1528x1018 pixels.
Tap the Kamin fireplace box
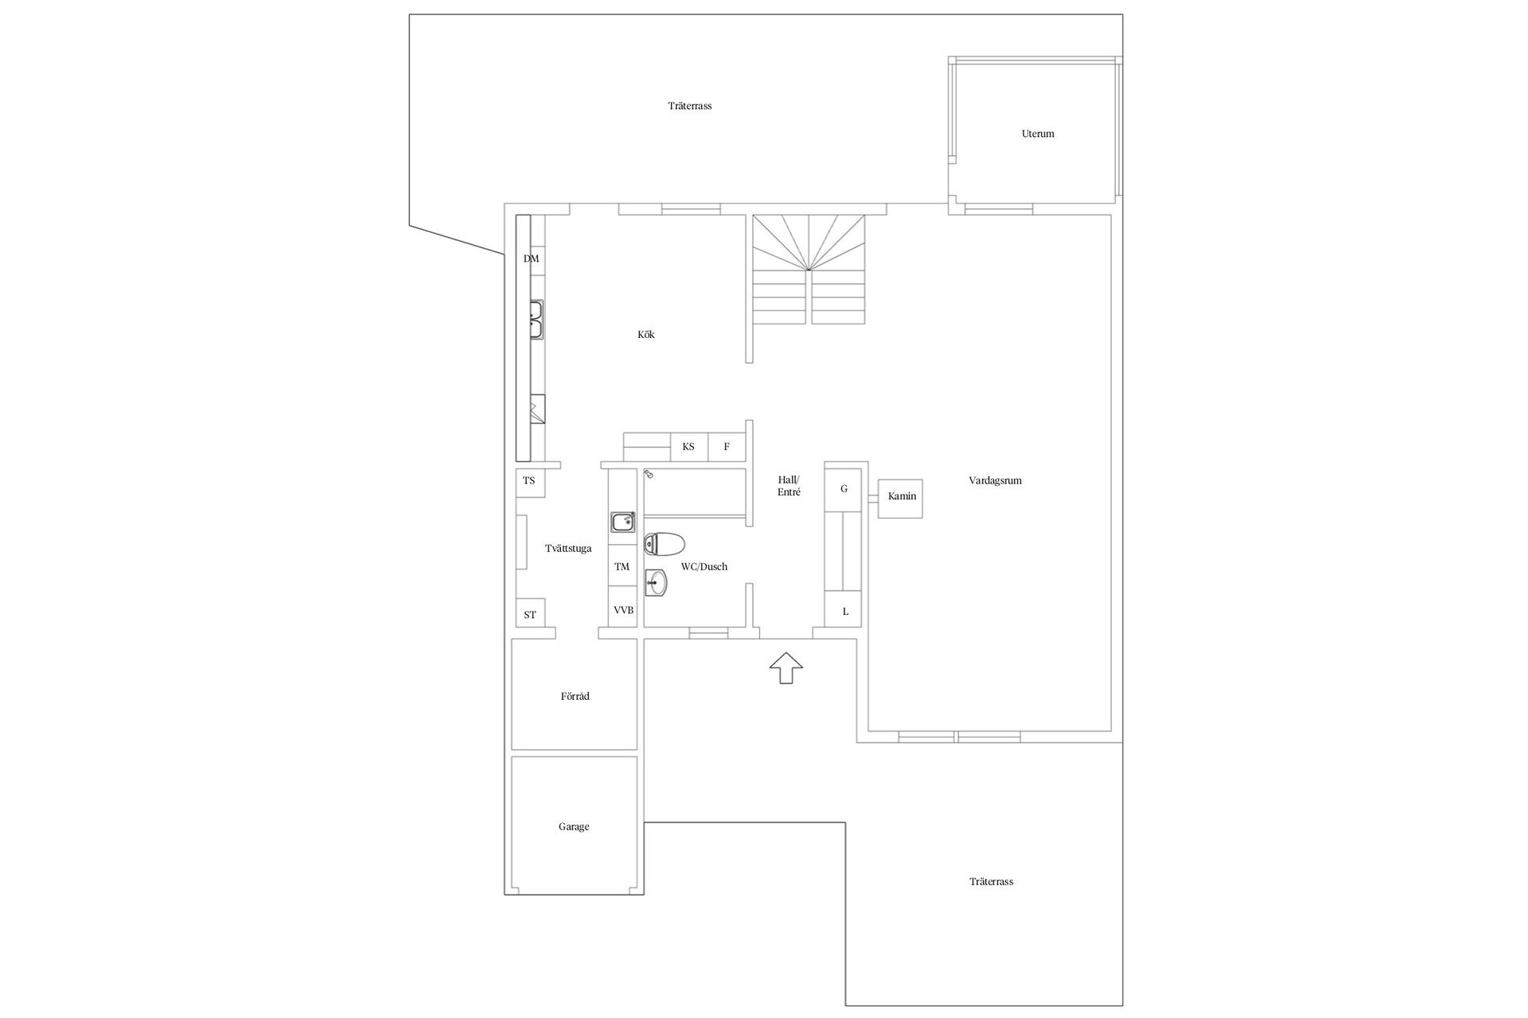click(900, 499)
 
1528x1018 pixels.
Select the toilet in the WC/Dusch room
click(664, 545)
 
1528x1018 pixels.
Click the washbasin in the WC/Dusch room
click(656, 583)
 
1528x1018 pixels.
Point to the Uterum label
click(1038, 134)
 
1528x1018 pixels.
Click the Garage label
click(574, 827)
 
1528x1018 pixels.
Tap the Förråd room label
click(575, 697)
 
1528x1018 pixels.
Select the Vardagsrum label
click(995, 481)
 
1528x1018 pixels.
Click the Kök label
click(645, 335)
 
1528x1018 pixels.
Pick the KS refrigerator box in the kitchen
click(689, 447)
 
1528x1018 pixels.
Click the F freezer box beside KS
click(727, 447)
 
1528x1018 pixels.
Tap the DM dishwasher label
click(531, 259)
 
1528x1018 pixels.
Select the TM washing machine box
click(622, 567)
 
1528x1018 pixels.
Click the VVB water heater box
click(623, 610)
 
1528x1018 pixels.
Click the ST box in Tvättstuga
click(530, 613)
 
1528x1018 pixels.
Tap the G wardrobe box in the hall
click(844, 488)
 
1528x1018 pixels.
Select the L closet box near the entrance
click(844, 611)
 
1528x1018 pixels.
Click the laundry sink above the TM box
click(622, 523)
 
